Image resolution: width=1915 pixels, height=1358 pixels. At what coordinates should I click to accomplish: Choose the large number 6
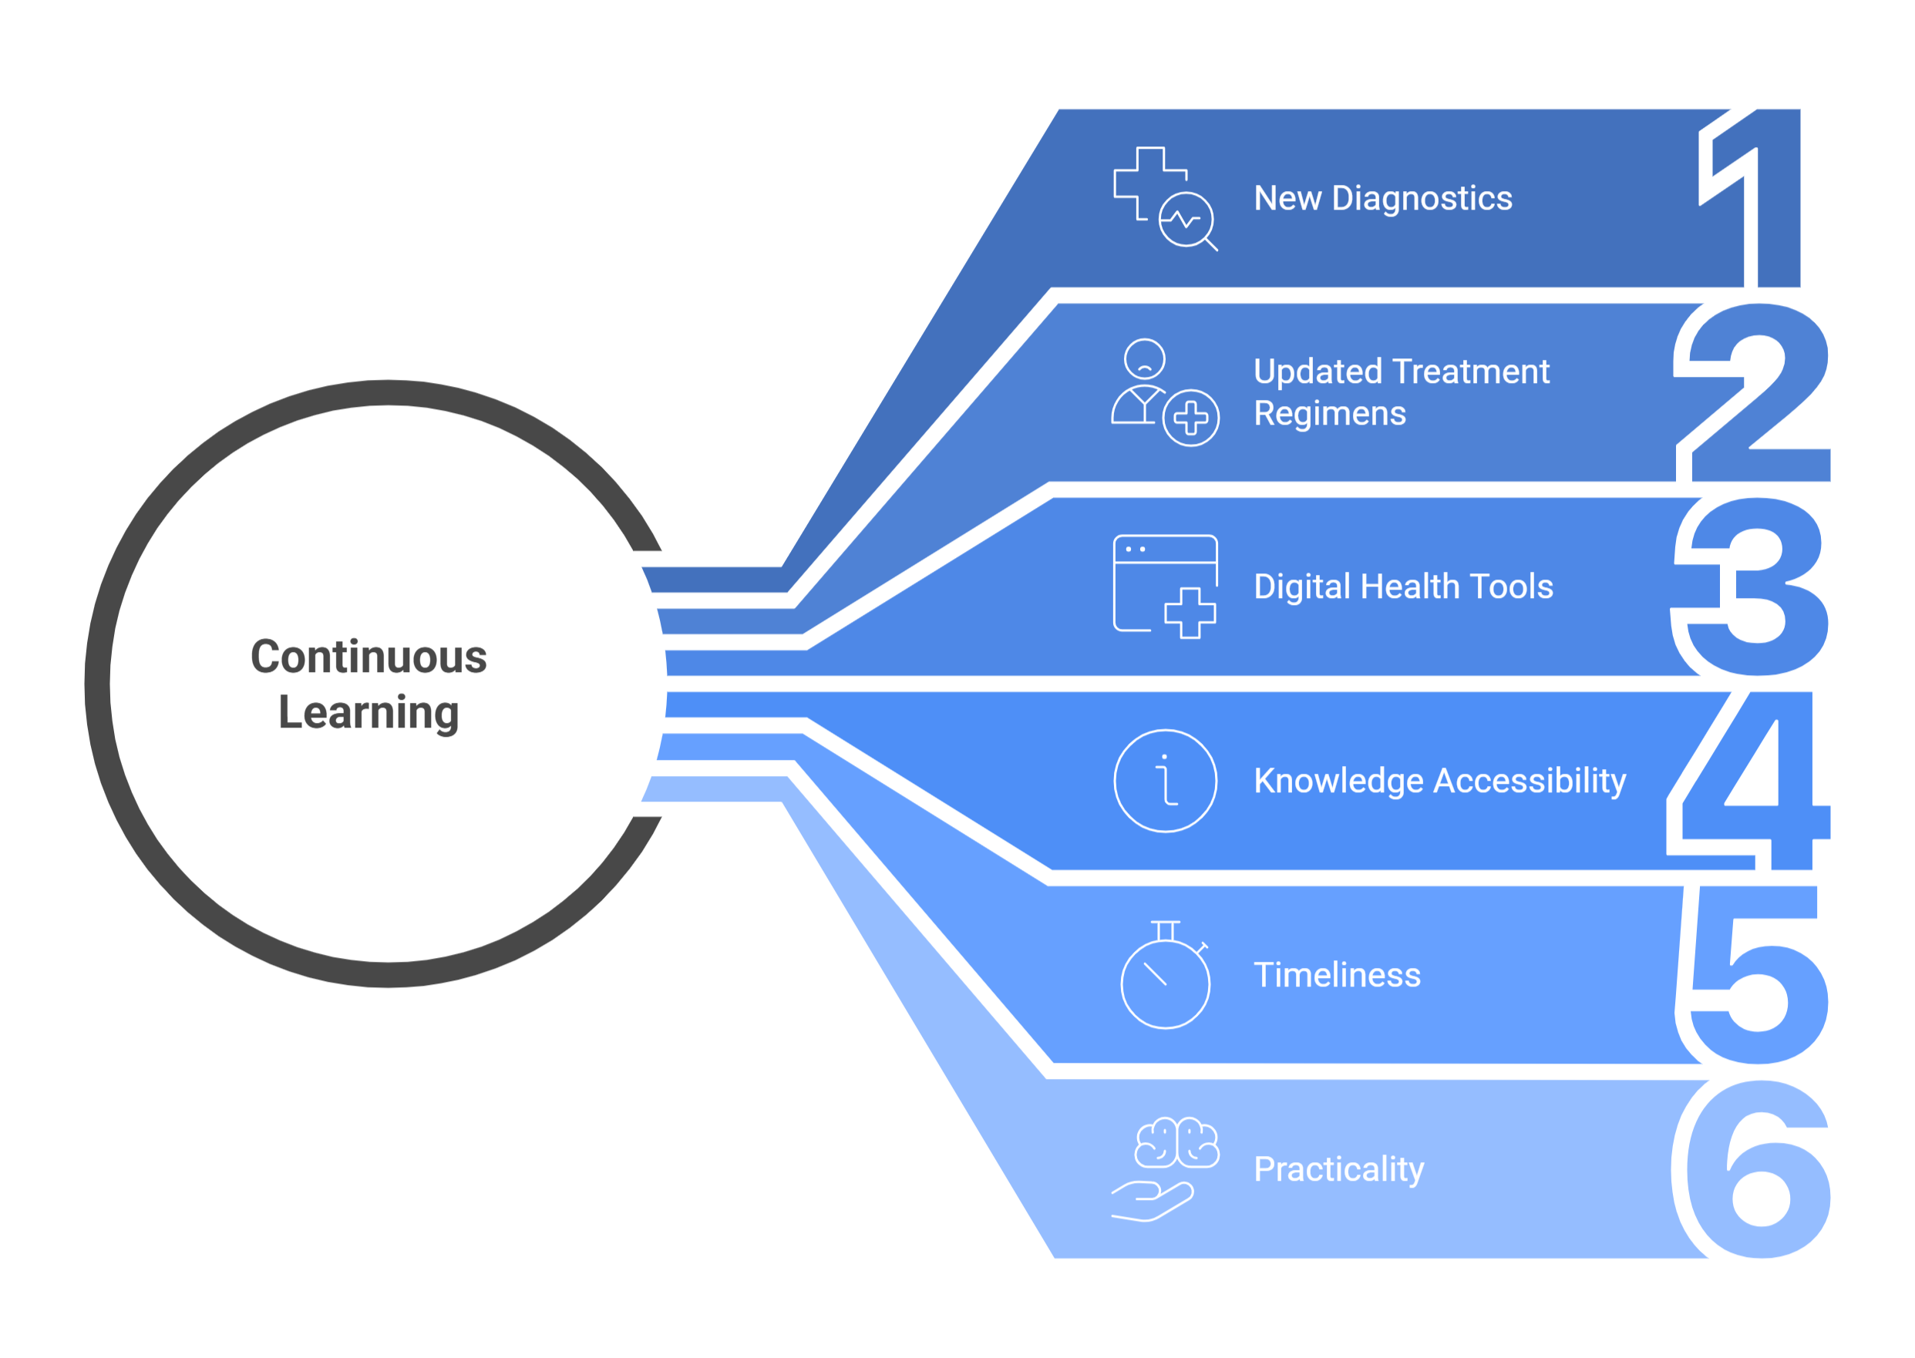[1756, 1171]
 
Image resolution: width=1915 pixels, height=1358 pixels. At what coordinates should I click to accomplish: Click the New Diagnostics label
[1382, 198]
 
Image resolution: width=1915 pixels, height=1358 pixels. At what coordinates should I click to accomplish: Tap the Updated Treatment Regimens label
[1401, 392]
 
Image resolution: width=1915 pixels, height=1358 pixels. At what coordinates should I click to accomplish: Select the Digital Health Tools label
[1403, 587]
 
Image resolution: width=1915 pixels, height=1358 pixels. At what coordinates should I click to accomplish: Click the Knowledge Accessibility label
[1439, 780]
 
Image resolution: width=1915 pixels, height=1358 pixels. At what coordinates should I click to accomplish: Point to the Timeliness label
[1336, 974]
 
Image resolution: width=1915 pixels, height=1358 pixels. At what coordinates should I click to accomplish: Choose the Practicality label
[1338, 1168]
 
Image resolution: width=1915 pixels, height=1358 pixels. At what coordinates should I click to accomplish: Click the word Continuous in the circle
[369, 657]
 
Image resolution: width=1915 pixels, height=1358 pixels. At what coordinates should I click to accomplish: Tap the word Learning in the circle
[369, 712]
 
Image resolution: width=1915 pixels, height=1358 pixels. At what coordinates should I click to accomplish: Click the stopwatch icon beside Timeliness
[1165, 976]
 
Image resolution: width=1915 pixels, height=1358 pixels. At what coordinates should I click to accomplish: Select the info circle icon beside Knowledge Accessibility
[1165, 780]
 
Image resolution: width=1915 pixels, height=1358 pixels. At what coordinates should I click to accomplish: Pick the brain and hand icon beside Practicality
[1165, 1168]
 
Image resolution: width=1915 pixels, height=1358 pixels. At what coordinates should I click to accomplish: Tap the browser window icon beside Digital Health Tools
[1165, 585]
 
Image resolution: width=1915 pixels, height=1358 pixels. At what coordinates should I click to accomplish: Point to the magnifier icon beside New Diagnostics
[1187, 220]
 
